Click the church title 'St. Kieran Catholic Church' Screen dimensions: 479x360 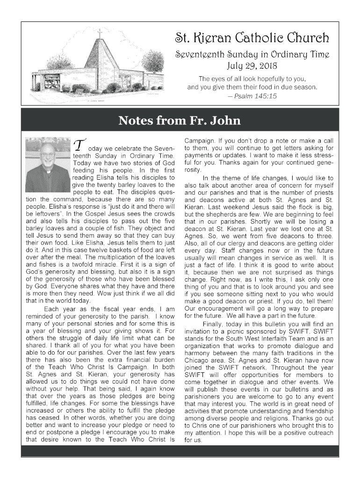(252, 37)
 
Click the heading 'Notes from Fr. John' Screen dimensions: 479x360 (180, 121)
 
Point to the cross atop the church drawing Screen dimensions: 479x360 (99, 34)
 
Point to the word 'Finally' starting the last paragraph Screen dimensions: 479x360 (214, 324)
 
